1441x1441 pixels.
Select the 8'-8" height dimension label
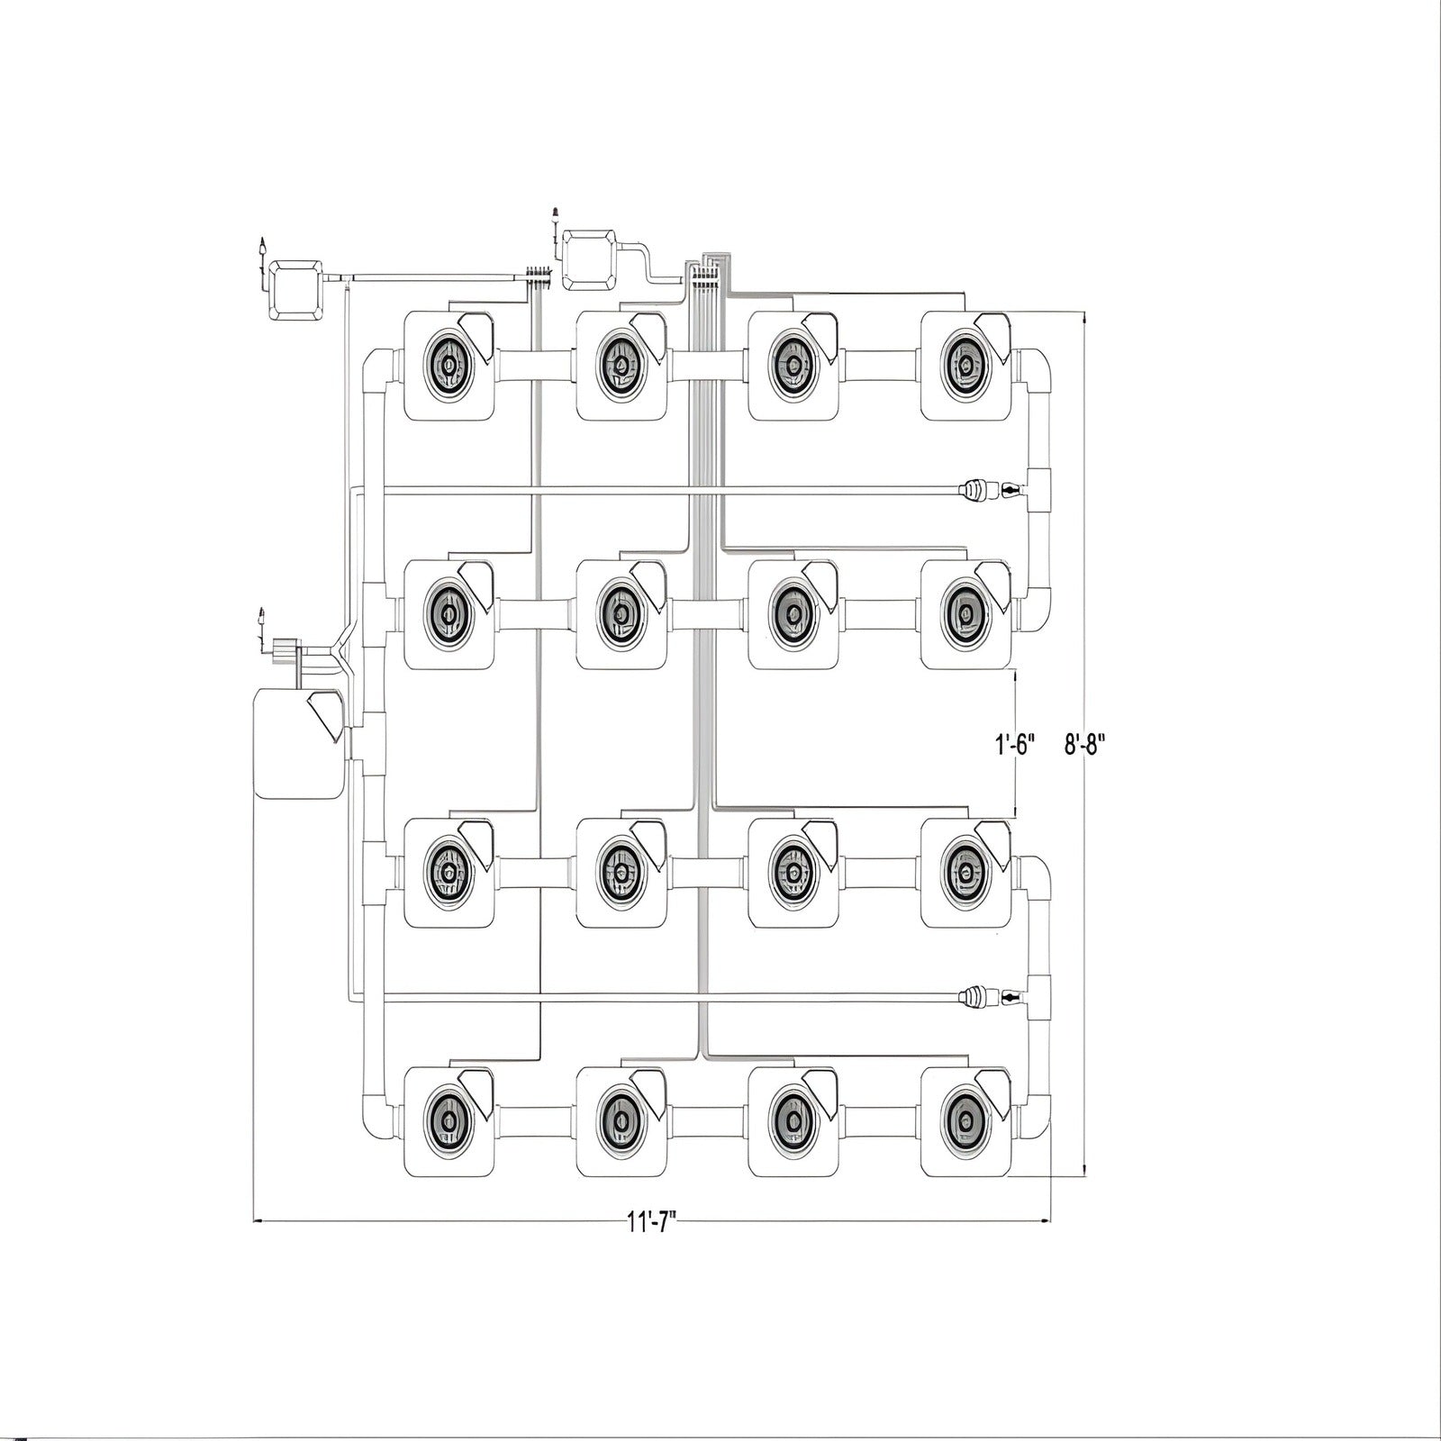(1084, 745)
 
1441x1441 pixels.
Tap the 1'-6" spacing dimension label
(1015, 745)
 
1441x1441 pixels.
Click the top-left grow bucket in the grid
(449, 365)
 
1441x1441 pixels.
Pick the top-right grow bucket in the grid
(966, 365)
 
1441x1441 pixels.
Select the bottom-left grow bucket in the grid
(449, 1121)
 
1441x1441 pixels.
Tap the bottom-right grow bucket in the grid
(966, 1121)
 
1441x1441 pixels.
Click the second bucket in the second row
(621, 615)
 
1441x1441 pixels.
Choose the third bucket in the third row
(793, 872)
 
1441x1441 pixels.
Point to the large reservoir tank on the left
(299, 743)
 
